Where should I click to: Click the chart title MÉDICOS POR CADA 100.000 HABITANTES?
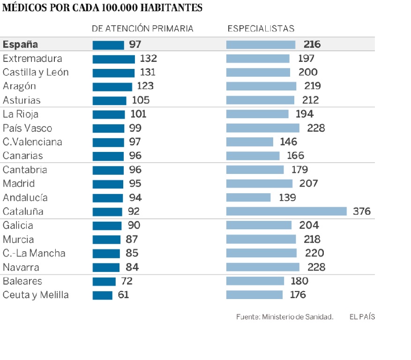102,7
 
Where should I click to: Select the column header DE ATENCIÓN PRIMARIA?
142,28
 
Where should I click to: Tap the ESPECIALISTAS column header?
261,28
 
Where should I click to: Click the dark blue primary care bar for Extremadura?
114,59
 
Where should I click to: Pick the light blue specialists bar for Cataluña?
286,211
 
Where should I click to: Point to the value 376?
362,211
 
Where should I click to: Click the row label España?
20,45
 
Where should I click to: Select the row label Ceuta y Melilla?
36,295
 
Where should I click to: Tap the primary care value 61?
123,295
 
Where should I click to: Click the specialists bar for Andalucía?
248,197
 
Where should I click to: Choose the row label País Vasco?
27,128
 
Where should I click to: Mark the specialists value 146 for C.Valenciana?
288,142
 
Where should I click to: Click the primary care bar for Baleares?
104,282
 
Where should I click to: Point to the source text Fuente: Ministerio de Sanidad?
284,317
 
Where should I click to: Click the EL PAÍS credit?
362,317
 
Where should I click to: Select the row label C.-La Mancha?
34,253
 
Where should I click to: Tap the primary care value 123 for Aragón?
145,86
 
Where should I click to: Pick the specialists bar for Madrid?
260,184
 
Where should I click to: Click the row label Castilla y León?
36,72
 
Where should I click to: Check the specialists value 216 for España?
312,45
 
